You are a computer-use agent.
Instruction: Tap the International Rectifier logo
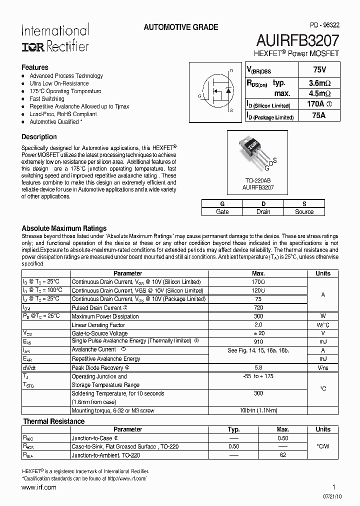click(x=55, y=38)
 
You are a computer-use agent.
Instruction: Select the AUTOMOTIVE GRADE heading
click(x=181, y=27)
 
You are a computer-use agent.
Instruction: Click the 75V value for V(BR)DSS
click(x=312, y=70)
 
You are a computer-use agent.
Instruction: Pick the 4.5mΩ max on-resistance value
click(x=312, y=93)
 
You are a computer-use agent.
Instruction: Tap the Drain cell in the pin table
click(x=263, y=211)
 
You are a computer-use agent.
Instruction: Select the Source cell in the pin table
click(x=304, y=211)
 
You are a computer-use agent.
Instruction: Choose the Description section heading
click(x=39, y=136)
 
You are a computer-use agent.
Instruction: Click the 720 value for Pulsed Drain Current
click(x=258, y=307)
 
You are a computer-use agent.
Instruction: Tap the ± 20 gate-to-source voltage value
click(x=258, y=333)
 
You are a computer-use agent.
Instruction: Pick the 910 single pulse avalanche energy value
click(x=258, y=342)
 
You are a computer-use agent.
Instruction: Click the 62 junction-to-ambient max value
click(x=283, y=455)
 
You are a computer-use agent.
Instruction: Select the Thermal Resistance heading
click(x=54, y=421)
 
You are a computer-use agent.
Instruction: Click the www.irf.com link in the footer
click(x=39, y=487)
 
